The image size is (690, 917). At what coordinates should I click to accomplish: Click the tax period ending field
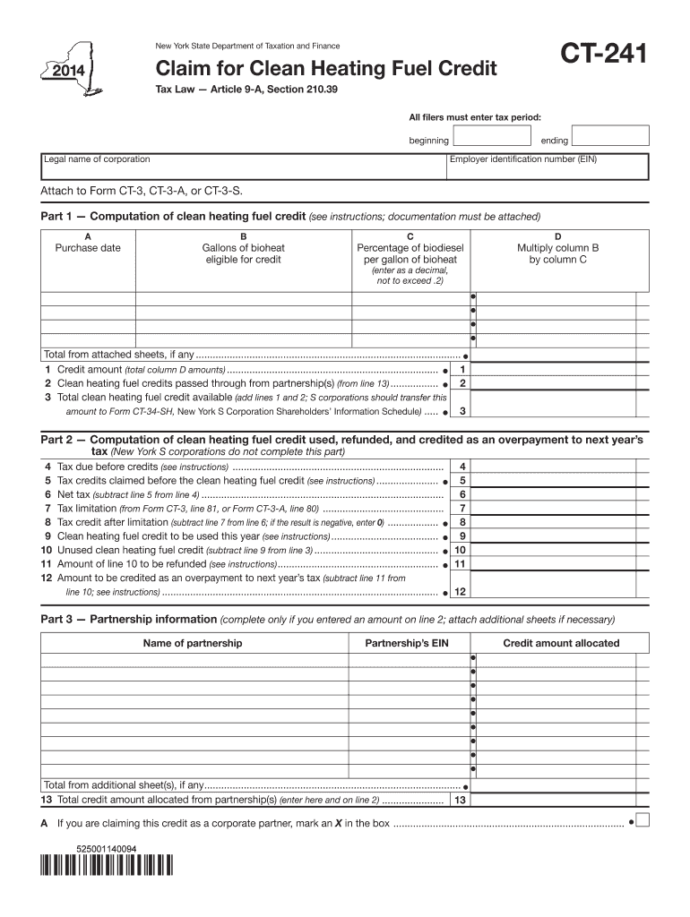(x=610, y=135)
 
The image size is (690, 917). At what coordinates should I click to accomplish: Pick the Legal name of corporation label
(x=98, y=159)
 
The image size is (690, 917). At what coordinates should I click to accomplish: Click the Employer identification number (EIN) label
(x=522, y=159)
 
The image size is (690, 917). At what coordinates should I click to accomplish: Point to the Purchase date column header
(x=88, y=248)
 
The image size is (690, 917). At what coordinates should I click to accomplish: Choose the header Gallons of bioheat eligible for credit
(x=243, y=253)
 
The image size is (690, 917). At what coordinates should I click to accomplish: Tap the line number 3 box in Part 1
(x=461, y=411)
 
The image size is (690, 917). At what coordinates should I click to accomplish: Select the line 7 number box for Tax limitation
(x=461, y=509)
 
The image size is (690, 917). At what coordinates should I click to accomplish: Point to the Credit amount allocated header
(x=561, y=643)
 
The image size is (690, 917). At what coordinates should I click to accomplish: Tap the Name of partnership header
(x=193, y=643)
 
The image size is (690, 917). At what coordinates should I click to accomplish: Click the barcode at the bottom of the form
(x=106, y=868)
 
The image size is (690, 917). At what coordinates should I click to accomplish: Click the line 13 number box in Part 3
(x=461, y=800)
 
